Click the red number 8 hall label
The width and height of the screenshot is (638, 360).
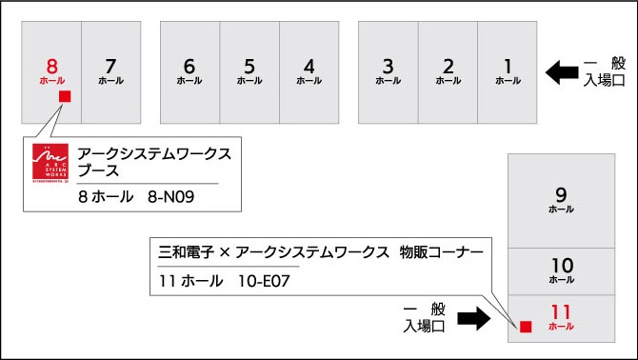pos(51,66)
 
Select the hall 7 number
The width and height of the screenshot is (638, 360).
pos(110,66)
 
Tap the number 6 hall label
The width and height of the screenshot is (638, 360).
pos(189,66)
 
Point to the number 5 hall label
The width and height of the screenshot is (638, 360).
pos(249,66)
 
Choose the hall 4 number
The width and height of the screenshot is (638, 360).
pos(309,66)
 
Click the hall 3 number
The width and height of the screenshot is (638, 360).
pos(389,66)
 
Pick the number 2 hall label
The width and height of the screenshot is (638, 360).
pos(448,66)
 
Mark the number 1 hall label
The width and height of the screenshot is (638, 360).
pos(508,66)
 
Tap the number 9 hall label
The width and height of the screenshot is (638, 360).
pos(561,195)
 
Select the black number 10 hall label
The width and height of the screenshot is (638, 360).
pos(562,266)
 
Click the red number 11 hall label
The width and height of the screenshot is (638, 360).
pos(561,312)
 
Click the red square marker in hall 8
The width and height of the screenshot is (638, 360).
pos(65,96)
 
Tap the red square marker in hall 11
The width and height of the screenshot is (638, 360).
pos(526,327)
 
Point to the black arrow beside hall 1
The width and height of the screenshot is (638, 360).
pos(562,72)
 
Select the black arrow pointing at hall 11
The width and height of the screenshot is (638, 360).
pos(474,318)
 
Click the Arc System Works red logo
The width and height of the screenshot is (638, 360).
pos(50,163)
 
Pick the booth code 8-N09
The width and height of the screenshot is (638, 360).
pos(170,197)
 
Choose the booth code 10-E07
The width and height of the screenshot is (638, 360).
pos(264,281)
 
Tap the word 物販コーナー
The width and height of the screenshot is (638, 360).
pos(442,252)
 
